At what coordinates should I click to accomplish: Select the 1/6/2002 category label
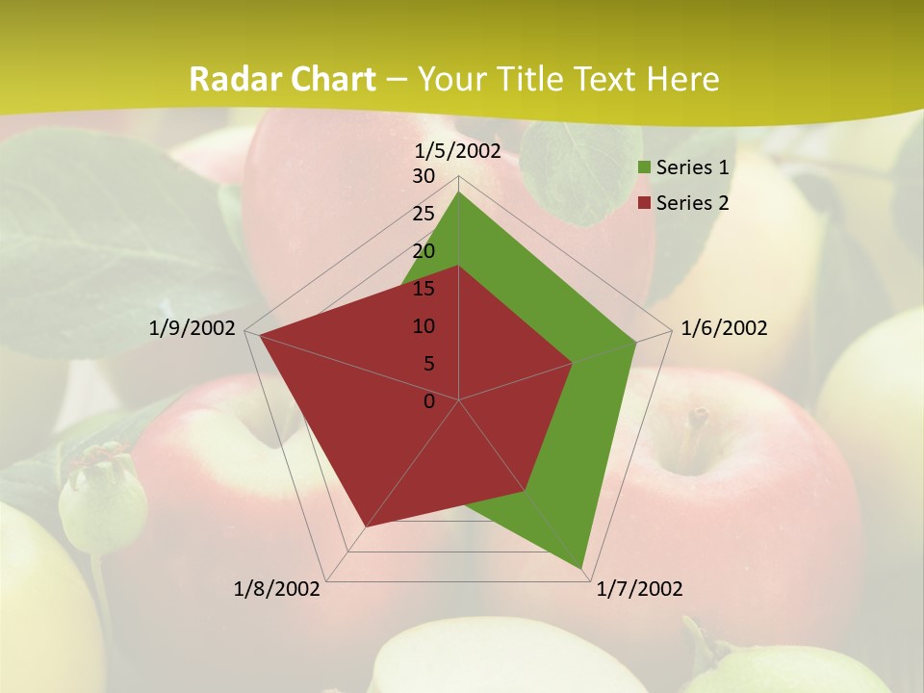pos(724,328)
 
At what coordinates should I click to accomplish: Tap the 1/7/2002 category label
pos(639,589)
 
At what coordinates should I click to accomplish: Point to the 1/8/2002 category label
pos(277,589)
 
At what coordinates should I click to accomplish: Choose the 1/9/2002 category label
pos(192,328)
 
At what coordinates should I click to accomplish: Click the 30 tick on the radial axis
pos(423,176)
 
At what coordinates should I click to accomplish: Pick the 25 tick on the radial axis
pos(423,214)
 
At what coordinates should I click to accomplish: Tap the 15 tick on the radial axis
pos(423,289)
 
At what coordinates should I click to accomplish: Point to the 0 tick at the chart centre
pos(429,400)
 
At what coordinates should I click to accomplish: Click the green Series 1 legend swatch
pos(644,168)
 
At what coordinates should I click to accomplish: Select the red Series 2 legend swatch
pos(644,203)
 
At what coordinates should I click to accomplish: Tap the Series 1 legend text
pos(692,167)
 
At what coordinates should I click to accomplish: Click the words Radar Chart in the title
pos(282,79)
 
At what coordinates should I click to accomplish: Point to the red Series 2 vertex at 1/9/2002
pos(259,334)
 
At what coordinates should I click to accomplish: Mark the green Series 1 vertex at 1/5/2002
pos(459,192)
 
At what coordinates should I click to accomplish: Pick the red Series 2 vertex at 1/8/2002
pos(365,527)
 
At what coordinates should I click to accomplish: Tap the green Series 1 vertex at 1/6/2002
pos(636,341)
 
